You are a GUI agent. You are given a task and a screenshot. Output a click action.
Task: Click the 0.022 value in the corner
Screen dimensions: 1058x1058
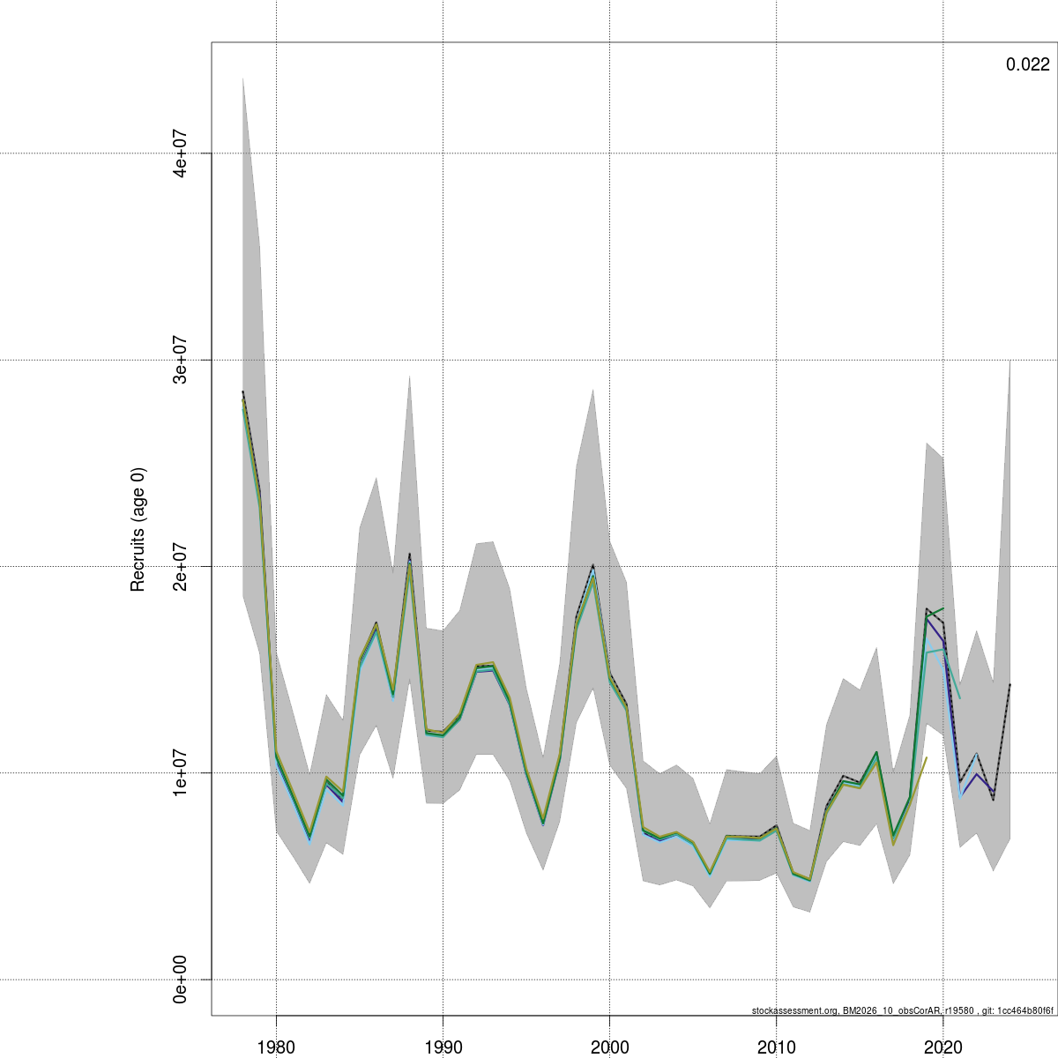point(1027,64)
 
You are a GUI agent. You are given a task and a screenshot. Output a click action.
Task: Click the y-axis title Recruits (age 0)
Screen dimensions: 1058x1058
point(138,529)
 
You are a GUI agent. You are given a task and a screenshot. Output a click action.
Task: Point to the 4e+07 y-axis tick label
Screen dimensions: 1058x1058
point(181,153)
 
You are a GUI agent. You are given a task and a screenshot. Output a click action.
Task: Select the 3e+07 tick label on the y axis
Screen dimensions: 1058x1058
point(181,360)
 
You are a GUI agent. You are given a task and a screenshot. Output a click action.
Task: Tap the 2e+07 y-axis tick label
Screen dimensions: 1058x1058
point(181,566)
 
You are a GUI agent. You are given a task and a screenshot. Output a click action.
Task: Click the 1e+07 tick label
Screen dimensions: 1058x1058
point(181,772)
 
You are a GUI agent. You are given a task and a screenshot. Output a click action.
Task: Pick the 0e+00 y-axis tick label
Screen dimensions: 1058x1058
point(181,979)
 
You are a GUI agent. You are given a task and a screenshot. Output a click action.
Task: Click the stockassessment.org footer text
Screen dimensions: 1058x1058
point(902,1010)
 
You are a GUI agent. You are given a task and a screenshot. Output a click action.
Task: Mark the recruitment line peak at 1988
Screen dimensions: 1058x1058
point(409,555)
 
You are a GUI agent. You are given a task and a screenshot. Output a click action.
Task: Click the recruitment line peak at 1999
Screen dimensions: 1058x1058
point(592,566)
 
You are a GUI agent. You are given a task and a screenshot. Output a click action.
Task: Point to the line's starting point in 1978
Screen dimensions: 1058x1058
point(242,392)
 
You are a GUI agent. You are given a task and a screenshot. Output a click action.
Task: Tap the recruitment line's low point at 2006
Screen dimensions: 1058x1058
point(710,874)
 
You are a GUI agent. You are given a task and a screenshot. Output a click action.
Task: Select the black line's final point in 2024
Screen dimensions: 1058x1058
point(1010,684)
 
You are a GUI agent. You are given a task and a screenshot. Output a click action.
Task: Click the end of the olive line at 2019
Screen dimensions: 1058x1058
point(927,757)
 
